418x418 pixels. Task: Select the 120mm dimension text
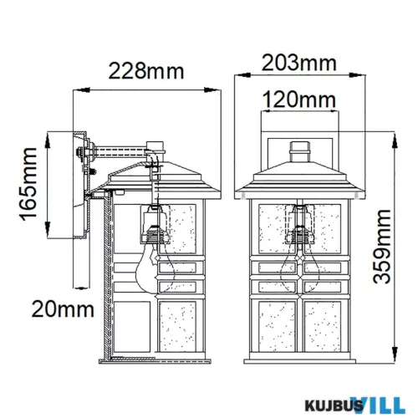pyautogui.click(x=299, y=100)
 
